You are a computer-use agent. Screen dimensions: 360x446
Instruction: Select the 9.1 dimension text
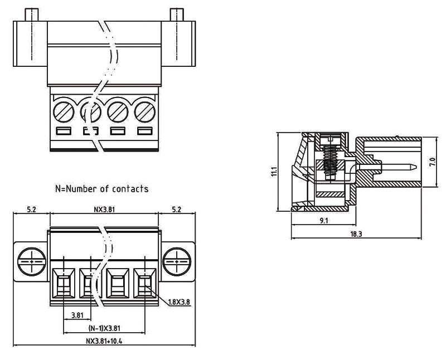click(324, 221)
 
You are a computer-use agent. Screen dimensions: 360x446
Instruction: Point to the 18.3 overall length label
click(356, 234)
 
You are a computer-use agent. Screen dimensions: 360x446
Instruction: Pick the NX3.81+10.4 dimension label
click(104, 341)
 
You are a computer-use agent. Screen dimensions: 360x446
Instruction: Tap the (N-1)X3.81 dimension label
click(104, 328)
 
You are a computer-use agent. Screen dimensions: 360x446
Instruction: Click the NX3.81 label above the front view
click(104, 210)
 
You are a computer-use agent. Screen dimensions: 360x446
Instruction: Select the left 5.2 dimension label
click(31, 210)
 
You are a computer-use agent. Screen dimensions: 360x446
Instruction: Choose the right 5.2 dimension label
click(176, 210)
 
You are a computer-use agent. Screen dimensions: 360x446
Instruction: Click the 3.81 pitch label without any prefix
click(77, 315)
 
